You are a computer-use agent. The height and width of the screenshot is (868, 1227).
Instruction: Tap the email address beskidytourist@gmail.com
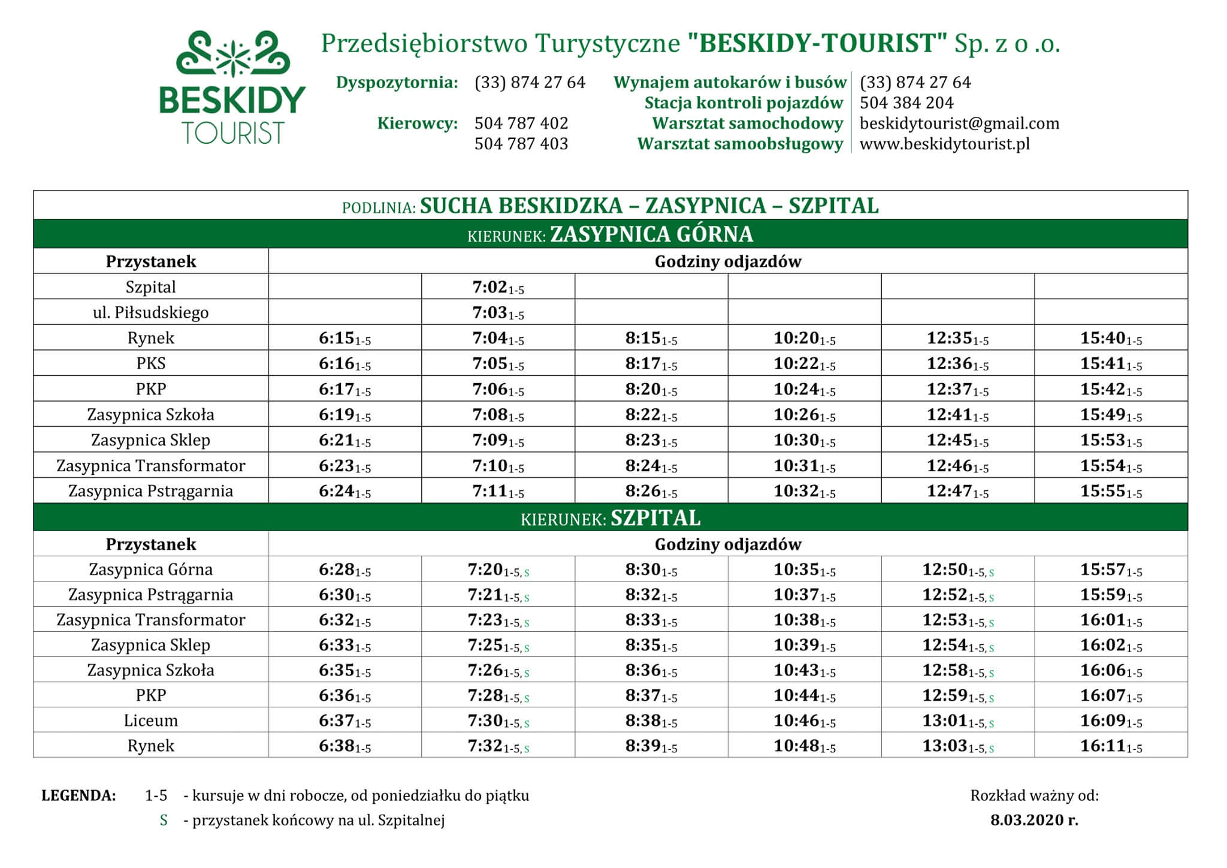(x=959, y=123)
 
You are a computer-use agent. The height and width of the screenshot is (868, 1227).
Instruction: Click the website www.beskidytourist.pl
(x=944, y=144)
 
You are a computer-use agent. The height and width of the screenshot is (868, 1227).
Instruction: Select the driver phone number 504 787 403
(x=521, y=144)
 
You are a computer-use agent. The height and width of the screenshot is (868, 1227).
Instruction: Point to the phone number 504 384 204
(x=906, y=103)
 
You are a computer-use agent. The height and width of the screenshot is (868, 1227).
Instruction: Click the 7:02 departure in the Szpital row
(x=497, y=287)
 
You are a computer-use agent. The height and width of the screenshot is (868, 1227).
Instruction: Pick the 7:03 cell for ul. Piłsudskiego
(x=497, y=313)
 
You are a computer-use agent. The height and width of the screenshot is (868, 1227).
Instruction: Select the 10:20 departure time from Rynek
(x=804, y=338)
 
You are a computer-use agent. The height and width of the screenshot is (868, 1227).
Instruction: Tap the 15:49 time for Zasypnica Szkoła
(x=1111, y=415)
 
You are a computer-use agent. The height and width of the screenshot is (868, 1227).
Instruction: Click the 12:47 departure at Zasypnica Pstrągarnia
(x=957, y=492)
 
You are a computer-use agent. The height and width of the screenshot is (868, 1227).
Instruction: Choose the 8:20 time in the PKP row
(x=651, y=390)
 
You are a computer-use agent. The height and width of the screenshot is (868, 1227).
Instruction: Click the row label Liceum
(x=150, y=721)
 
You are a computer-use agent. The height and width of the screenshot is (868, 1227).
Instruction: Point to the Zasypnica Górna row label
(x=150, y=569)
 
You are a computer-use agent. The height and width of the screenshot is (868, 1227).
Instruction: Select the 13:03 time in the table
(x=957, y=746)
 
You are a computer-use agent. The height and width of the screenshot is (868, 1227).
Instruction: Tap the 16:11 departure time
(x=1111, y=746)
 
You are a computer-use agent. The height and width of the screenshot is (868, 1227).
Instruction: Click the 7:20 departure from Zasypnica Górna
(x=497, y=569)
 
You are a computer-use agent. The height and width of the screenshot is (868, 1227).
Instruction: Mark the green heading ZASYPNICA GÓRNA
(x=651, y=234)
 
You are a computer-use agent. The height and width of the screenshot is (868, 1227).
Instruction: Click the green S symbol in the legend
(x=164, y=821)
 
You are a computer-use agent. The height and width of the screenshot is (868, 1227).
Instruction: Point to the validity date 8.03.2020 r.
(x=1034, y=821)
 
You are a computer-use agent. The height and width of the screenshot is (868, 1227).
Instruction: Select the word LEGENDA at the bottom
(x=78, y=796)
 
